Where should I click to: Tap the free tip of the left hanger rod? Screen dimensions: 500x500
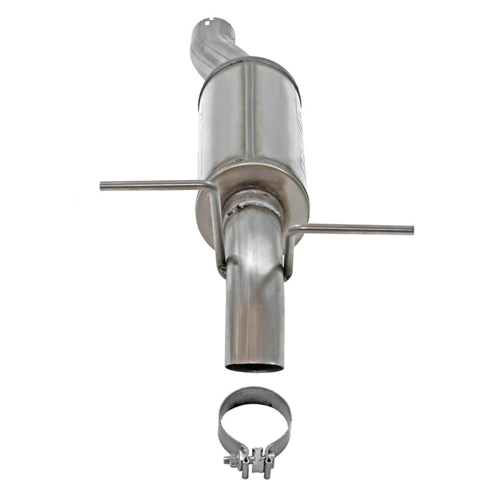click(102, 186)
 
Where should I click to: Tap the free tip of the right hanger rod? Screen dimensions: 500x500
click(411, 230)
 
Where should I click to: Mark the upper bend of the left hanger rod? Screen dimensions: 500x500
click(211, 187)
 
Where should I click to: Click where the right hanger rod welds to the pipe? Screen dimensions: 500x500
click(286, 274)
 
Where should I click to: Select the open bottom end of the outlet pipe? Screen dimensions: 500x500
click(254, 368)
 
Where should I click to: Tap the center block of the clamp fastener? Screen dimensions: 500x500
click(255, 456)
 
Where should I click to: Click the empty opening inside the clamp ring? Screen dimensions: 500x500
click(254, 421)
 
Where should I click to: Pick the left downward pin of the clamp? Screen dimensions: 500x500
click(245, 471)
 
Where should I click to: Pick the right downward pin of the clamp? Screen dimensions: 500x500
click(266, 471)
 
